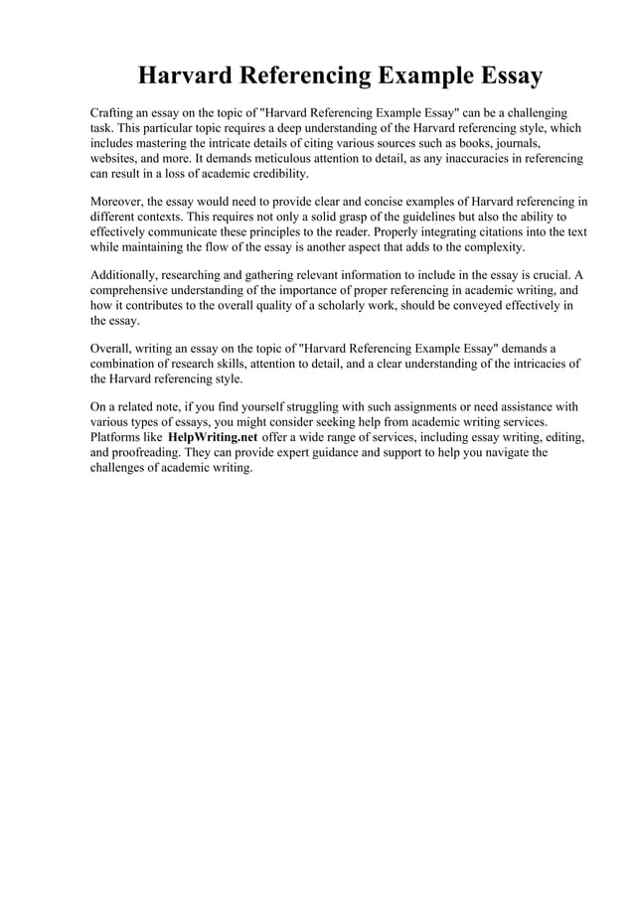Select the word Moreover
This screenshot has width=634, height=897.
point(118,202)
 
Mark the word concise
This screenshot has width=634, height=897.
point(390,202)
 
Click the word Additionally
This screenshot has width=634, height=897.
point(124,275)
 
